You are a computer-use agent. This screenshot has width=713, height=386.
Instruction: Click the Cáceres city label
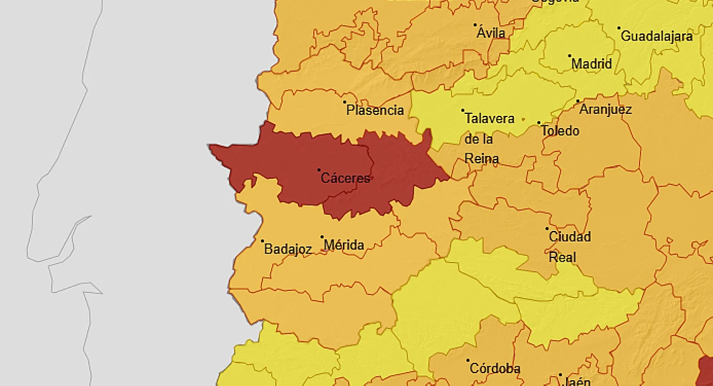point(346,178)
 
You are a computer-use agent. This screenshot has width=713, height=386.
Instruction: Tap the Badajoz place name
point(288,249)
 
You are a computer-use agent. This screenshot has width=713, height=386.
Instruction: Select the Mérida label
point(344,245)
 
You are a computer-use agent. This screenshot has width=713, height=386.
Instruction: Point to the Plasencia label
point(375,110)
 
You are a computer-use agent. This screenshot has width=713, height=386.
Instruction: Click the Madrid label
point(592,64)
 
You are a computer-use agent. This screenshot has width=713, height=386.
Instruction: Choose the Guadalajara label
point(656,36)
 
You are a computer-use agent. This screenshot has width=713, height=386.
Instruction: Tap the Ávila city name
point(491,33)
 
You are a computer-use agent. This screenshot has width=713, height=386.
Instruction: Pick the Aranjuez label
point(605,109)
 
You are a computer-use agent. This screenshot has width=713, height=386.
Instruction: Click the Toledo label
point(560,131)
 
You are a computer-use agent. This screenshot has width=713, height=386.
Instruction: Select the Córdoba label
point(495,369)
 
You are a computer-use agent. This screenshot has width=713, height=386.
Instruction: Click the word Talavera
point(489,118)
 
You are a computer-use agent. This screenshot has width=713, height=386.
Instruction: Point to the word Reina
point(482,159)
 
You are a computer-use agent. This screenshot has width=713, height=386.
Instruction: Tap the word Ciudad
point(570,237)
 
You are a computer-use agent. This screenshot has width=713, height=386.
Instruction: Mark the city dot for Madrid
point(570,56)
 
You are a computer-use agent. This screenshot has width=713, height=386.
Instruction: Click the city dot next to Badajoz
point(263,241)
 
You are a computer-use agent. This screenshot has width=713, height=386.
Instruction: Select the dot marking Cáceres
point(319,170)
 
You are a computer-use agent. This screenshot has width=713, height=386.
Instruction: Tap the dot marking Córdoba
point(468,361)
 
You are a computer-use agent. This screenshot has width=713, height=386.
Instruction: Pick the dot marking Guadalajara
point(619,28)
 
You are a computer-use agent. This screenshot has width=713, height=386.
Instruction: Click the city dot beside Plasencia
point(345,102)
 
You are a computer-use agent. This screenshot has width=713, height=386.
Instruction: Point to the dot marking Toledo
point(539,123)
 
